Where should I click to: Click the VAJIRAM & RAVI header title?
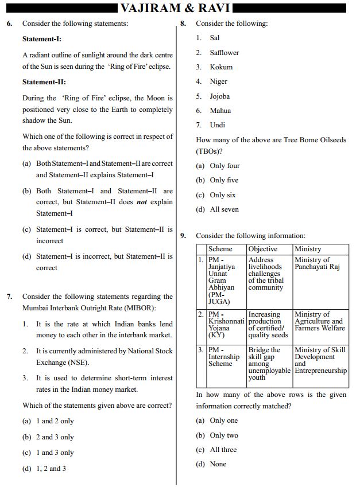coord(175,7)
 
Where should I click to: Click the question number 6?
coord(9,24)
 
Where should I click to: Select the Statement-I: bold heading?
coord(42,39)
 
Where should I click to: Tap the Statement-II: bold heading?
coord(44,82)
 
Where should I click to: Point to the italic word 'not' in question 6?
coord(141,202)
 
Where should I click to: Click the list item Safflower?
coord(224,53)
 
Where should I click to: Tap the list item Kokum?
coord(221,67)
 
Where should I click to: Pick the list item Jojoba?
coord(219,96)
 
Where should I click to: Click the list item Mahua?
coord(220,111)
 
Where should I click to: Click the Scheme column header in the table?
coord(220,249)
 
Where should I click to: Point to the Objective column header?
coord(262,249)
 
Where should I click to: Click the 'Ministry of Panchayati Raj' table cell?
coord(317,263)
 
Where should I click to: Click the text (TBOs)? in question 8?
coord(210,151)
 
